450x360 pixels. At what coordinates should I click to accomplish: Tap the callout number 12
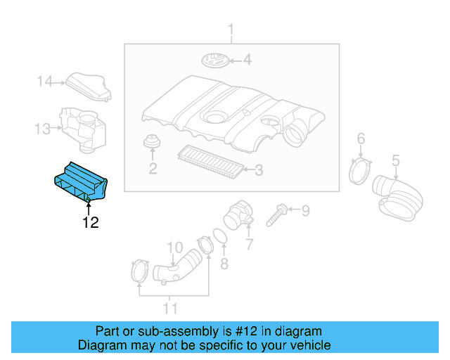coord(90,224)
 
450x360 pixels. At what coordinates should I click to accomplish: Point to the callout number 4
coord(247,60)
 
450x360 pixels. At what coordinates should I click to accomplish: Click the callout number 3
coord(258,169)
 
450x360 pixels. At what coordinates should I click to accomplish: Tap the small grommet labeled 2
coord(150,143)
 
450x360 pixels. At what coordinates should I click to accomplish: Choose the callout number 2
coord(152,169)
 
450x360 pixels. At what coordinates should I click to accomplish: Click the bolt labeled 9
coord(275,212)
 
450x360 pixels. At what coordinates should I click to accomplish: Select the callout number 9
coord(304,210)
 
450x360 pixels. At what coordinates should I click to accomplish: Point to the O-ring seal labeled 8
coord(218,236)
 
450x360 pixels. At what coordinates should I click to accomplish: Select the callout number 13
coord(43,128)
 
